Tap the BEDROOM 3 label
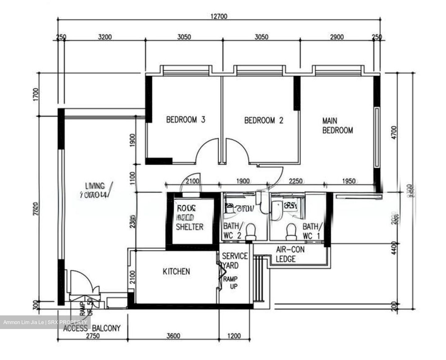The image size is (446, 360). pos(186,120)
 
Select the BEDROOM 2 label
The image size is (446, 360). pos(264,120)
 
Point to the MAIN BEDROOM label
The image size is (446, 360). pos(337,125)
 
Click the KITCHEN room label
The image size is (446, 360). pos(176,272)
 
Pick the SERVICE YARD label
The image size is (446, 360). pos(235,261)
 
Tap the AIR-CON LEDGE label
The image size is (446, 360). pos(290,254)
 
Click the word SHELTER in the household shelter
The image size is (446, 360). pos(190,227)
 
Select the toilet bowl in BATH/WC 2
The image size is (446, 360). pos(250,231)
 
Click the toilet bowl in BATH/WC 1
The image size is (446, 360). pos(291,231)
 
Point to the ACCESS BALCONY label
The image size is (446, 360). pos(92,328)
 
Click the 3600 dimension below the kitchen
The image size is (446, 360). pos(173,336)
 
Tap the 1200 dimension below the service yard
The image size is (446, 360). pos(234,336)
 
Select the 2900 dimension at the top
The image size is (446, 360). pos(337,37)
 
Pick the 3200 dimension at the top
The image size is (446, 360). pos(105,37)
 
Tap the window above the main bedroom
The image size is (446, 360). pos(338,71)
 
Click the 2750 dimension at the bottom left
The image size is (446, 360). pos(93,336)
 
